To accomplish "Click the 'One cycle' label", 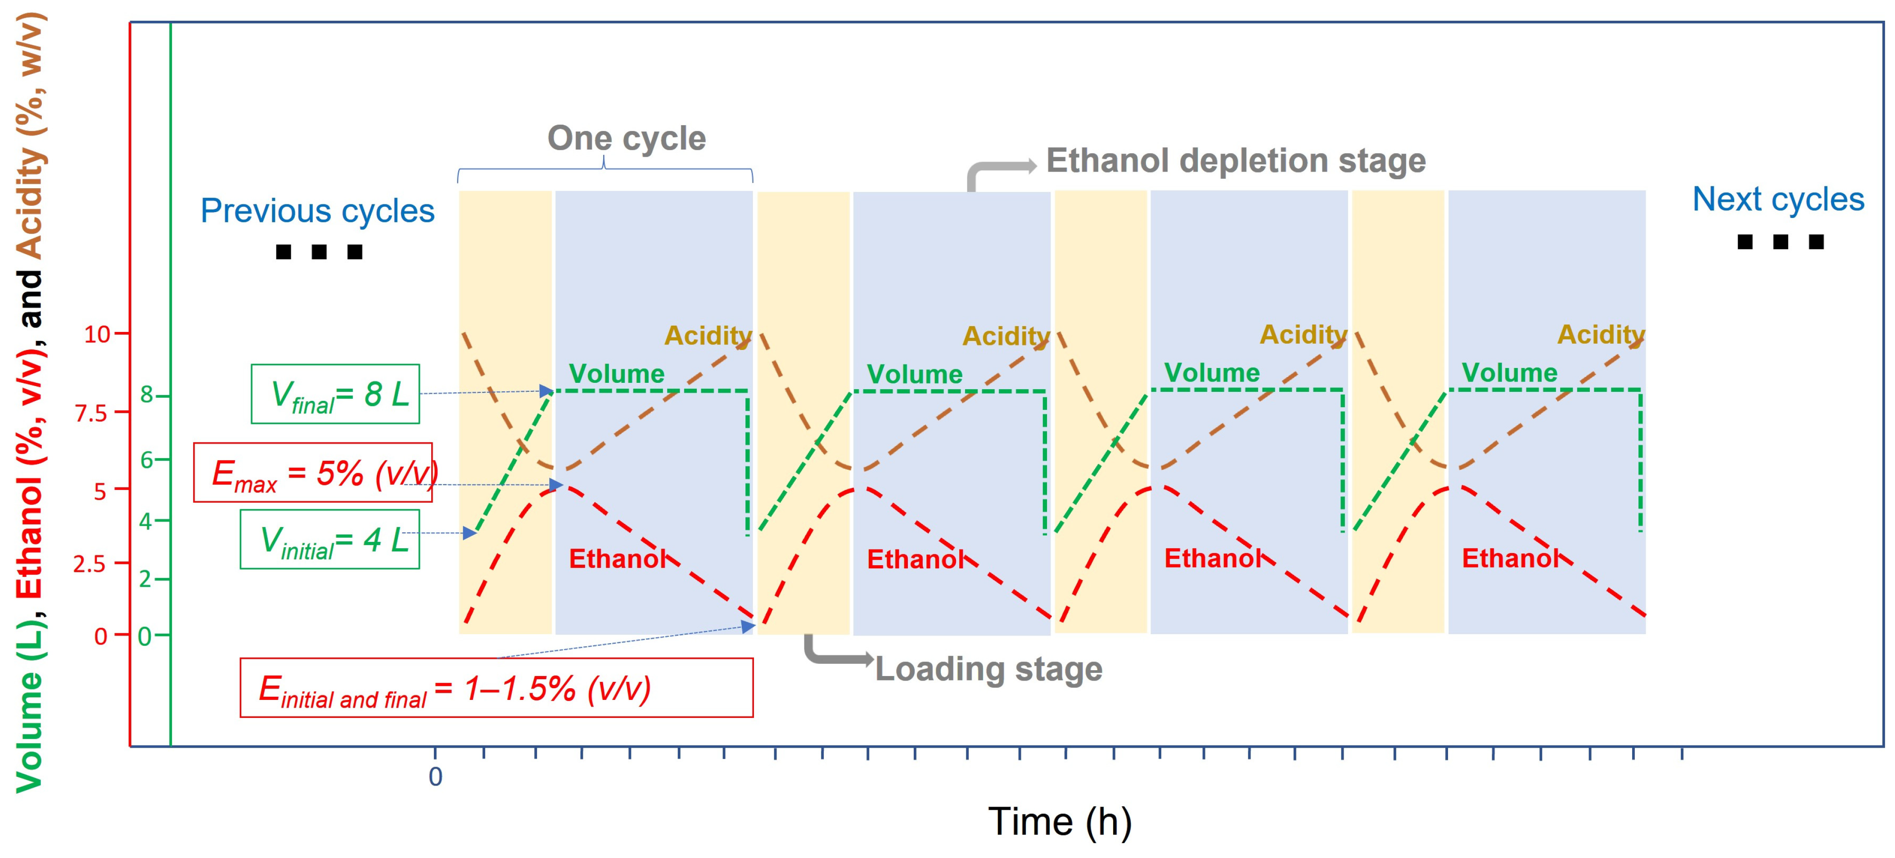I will coord(626,138).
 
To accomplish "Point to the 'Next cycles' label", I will coord(1778,200).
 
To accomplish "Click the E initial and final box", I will coord(496,688).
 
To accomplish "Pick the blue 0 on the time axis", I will coord(436,777).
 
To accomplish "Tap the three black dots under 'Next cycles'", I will coord(1780,241).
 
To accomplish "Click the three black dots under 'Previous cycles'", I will coord(319,252).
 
